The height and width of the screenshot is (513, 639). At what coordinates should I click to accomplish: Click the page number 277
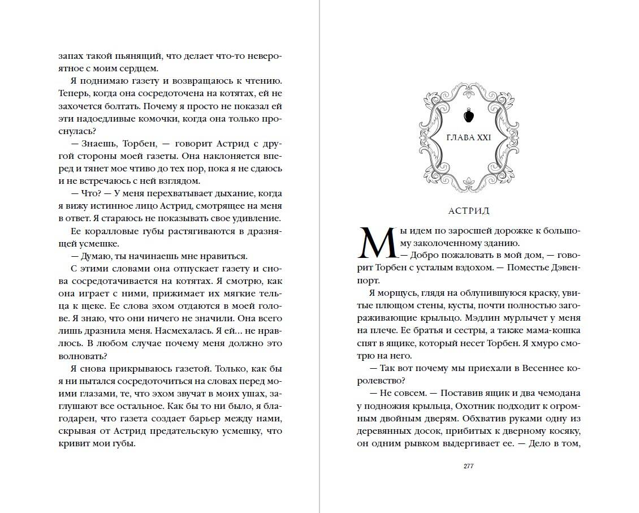tap(468, 466)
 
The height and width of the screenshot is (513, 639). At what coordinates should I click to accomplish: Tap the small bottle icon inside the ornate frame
tap(468, 115)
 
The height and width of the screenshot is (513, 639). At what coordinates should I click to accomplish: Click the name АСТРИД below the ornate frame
tap(468, 211)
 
